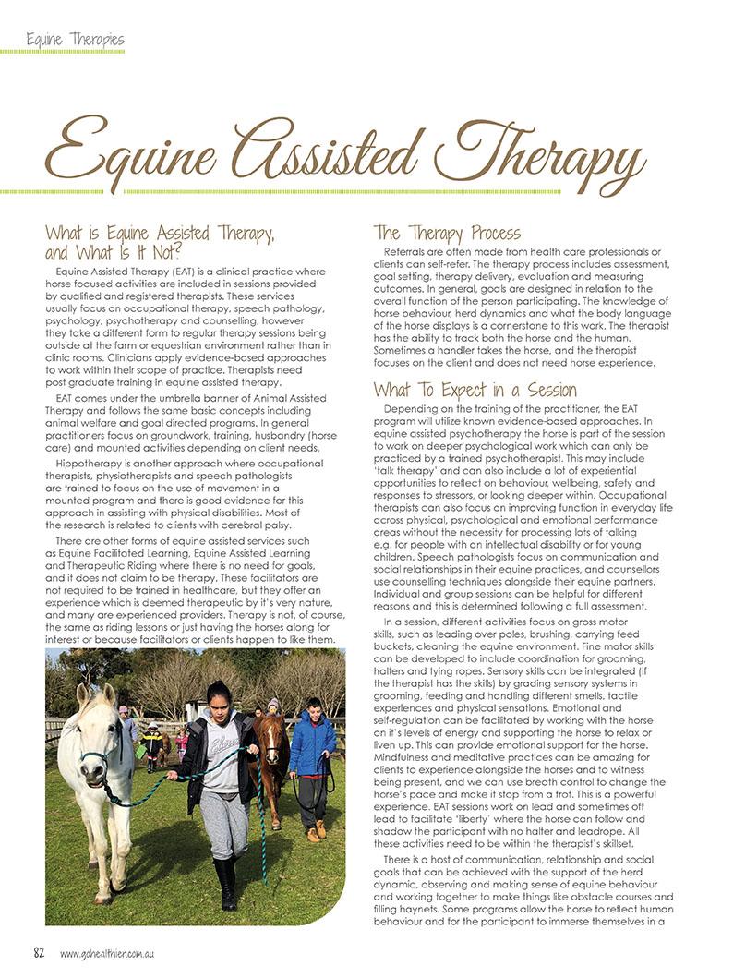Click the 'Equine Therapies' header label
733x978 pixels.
pos(75,40)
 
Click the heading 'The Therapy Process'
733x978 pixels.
pos(447,233)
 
